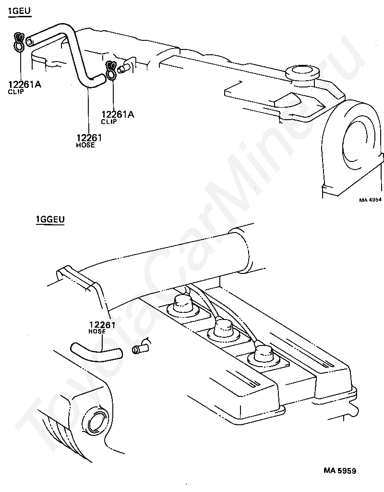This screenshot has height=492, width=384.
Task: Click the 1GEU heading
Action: click(x=19, y=12)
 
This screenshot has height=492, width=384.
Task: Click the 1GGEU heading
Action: click(x=50, y=219)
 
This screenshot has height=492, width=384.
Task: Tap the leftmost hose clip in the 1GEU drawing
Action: click(x=19, y=42)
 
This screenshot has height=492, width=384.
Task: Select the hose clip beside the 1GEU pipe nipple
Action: click(x=111, y=71)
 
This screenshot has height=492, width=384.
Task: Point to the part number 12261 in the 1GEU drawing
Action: click(x=89, y=137)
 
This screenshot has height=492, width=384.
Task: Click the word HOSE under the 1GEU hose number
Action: click(x=85, y=145)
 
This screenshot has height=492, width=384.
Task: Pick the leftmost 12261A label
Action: click(x=24, y=84)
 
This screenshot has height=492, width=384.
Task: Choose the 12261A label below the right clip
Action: click(x=118, y=114)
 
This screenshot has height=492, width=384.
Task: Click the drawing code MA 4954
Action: click(x=370, y=199)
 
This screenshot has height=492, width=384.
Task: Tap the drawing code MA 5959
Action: click(x=340, y=471)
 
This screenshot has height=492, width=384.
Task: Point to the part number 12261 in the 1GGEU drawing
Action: click(x=102, y=324)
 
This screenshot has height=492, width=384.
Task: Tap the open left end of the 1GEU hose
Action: click(x=29, y=42)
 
